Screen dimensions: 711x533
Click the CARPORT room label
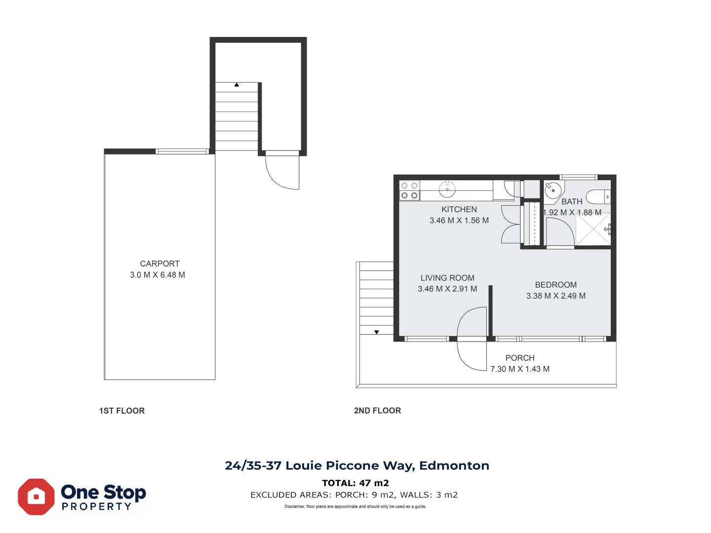tap(159, 264)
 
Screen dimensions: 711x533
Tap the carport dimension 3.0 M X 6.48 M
tap(158, 275)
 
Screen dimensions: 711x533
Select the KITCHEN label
tap(459, 209)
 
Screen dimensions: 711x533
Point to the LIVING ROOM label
tap(447, 278)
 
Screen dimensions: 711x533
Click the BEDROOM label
tap(556, 285)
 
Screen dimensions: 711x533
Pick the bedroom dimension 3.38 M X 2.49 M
tap(556, 296)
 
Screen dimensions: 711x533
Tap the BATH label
tap(572, 202)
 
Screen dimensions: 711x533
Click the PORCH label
tap(520, 358)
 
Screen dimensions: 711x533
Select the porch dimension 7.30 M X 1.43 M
tap(520, 369)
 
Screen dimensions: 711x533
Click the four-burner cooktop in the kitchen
tap(409, 190)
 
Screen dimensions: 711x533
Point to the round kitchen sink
tap(447, 190)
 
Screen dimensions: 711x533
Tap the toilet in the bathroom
tap(598, 197)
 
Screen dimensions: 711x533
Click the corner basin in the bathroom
tap(553, 190)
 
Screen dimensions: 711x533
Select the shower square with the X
tap(593, 229)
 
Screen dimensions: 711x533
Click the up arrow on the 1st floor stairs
tap(237, 85)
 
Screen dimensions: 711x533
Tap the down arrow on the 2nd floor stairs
tap(377, 332)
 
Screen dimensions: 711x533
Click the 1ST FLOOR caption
tap(122, 411)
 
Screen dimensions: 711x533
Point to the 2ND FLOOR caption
tap(377, 410)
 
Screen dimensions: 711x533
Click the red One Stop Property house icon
tap(36, 497)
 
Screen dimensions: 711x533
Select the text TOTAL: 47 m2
tap(355, 483)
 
